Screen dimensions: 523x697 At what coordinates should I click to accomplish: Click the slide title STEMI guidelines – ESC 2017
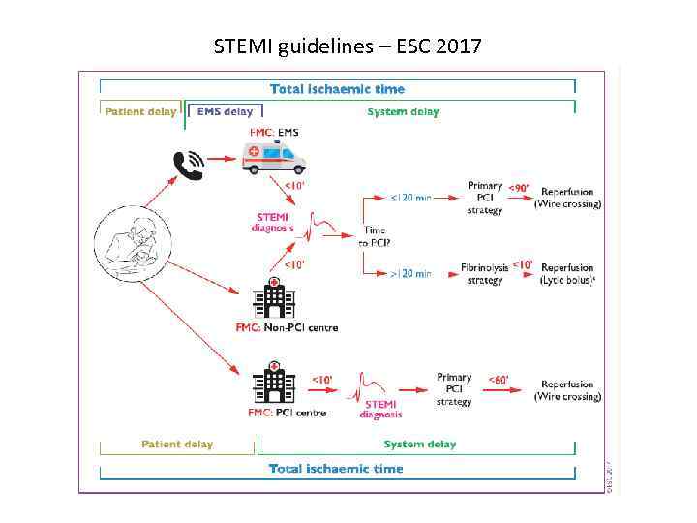348,46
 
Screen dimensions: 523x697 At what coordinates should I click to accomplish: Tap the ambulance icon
274,157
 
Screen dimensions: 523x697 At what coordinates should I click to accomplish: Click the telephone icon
188,166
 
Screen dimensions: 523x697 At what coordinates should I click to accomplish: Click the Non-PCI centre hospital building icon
274,297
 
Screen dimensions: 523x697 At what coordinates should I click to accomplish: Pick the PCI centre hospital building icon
274,383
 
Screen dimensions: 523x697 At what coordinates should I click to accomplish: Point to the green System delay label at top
403,111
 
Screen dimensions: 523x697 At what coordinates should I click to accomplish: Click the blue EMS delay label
225,111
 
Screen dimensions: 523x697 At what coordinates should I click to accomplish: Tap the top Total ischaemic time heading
337,89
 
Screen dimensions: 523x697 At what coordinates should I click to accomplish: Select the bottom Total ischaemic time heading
336,469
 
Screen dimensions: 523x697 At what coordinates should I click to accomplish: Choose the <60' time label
499,380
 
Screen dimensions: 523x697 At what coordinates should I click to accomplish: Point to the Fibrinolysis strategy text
484,273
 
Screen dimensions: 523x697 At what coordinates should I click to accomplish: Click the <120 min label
410,198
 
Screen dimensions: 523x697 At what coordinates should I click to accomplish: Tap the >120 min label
410,274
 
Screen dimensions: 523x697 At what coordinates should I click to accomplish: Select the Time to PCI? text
374,237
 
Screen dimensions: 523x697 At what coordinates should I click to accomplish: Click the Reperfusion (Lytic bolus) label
568,273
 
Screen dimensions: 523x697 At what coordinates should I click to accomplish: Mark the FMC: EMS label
275,131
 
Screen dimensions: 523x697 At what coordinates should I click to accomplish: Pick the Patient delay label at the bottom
177,445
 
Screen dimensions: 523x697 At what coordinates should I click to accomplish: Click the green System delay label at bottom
419,445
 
